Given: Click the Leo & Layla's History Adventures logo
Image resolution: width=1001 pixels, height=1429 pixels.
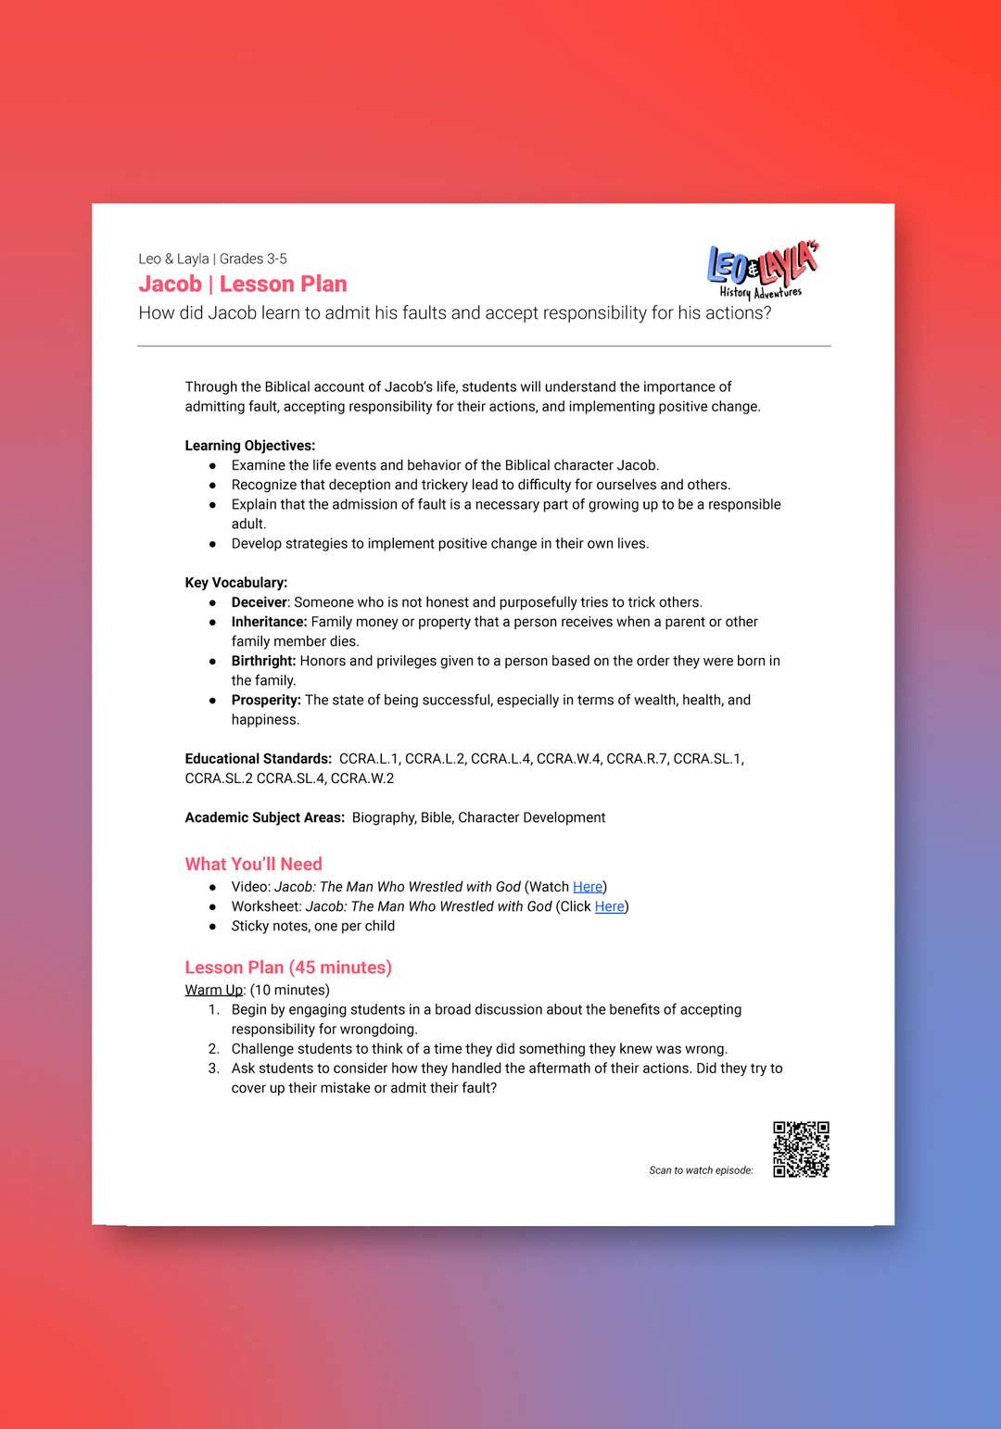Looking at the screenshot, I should (762, 272).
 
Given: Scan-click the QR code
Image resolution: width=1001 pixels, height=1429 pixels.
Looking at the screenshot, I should (801, 1149).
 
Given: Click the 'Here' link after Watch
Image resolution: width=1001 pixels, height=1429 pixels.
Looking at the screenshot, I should (588, 887).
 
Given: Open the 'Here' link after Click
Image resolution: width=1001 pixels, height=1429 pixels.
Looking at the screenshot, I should (609, 906).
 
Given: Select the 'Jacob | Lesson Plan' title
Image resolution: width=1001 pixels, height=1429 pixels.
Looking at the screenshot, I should (243, 285).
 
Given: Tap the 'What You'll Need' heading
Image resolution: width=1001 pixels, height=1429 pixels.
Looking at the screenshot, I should (253, 864).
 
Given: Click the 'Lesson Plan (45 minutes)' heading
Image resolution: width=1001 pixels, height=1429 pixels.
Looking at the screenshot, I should (288, 967).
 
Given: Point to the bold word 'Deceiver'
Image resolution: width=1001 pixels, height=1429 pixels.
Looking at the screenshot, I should (259, 602).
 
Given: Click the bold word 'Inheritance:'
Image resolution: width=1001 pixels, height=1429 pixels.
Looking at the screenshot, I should (269, 622).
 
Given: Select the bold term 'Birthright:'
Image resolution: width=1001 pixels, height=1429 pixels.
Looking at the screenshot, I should (263, 661).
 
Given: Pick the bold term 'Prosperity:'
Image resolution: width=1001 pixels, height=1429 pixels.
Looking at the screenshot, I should (266, 700).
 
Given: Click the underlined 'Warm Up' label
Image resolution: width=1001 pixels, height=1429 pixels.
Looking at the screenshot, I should (213, 990).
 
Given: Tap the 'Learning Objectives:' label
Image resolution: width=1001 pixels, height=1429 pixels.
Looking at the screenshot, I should (249, 446).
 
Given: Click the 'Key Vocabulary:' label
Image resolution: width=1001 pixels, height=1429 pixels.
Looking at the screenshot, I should (235, 583).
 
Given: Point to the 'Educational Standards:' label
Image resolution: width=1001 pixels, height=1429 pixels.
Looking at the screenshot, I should (258, 759).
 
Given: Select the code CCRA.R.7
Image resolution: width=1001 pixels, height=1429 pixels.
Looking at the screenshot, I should (637, 759).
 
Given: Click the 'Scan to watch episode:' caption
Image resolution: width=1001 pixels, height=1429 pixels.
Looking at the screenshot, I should (701, 1170).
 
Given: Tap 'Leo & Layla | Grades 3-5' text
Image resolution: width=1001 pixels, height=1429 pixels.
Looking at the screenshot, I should (212, 259).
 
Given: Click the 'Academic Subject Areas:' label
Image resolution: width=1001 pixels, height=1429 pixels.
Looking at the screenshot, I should (264, 817).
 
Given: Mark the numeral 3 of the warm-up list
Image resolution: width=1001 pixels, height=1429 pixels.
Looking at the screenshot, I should (213, 1069).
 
